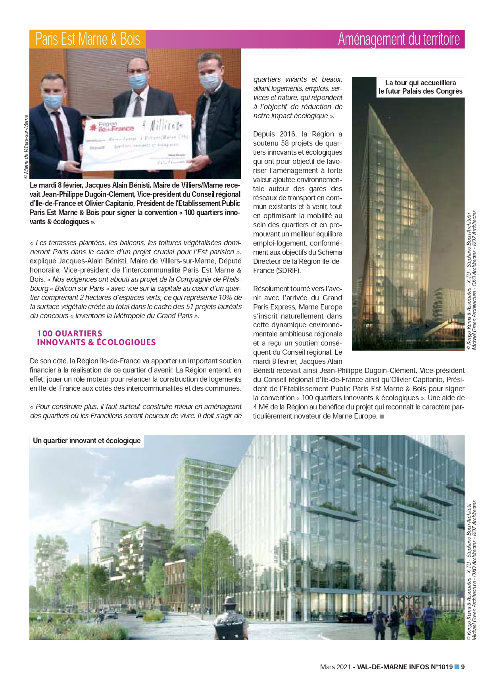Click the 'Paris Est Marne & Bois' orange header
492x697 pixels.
coord(87,39)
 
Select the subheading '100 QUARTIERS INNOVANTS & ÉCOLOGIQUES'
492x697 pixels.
coord(96,338)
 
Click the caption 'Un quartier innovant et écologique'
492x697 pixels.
coord(86,441)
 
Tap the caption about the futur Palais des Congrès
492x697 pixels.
coord(420,87)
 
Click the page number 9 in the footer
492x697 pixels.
coord(463,667)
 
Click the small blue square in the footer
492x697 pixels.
coord(456,666)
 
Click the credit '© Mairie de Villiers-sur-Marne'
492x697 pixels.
coord(26,147)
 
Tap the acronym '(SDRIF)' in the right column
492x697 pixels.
coord(288,271)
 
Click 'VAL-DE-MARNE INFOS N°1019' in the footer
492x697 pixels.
coord(404,667)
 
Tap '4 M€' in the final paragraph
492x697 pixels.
coord(262,407)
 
